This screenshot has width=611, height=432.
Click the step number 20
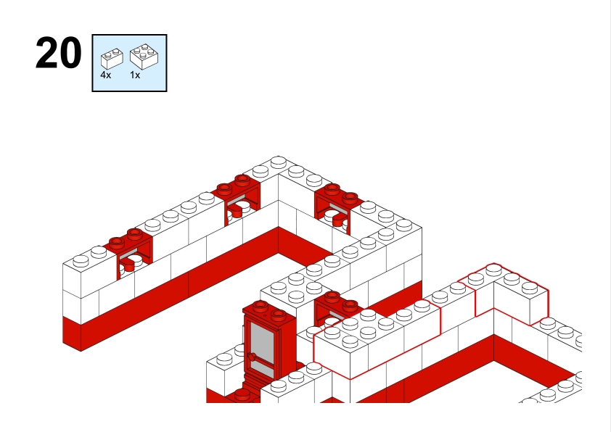[x=59, y=54]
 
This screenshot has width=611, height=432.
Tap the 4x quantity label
[x=106, y=75]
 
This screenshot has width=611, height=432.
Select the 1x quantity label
[x=135, y=75]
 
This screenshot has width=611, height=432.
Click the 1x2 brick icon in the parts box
[x=112, y=59]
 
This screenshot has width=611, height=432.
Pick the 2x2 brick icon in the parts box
[x=144, y=57]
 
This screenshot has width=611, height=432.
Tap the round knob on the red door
[x=252, y=357]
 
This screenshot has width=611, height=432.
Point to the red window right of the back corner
[x=337, y=208]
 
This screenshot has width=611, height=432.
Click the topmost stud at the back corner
[x=278, y=161]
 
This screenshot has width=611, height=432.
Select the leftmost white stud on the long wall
[x=81, y=260]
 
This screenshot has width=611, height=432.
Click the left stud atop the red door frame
[x=261, y=307]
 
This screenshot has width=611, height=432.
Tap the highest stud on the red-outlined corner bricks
[x=493, y=268]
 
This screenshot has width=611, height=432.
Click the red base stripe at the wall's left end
[x=72, y=333]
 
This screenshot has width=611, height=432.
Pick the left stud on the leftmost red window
[x=117, y=244]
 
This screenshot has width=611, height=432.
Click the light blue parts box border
[x=92, y=63]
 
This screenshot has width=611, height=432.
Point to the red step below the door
[x=242, y=395]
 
